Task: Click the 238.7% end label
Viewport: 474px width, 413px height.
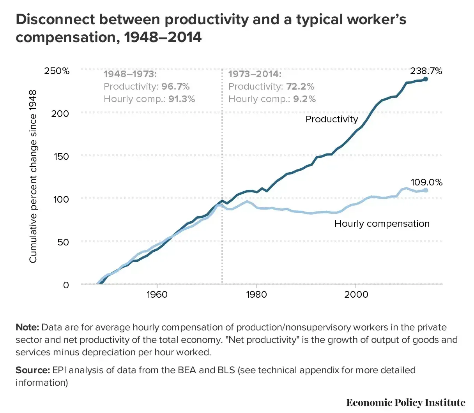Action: click(x=426, y=71)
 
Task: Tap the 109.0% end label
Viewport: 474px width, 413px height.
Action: click(x=426, y=182)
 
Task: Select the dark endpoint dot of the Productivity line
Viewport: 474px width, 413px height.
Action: click(x=426, y=79)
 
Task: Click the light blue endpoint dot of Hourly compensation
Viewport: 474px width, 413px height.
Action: click(x=426, y=190)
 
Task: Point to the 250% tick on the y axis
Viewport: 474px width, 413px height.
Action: click(x=57, y=71)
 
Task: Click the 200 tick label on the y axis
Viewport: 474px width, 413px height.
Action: click(x=60, y=114)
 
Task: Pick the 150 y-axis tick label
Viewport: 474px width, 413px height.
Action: click(x=61, y=157)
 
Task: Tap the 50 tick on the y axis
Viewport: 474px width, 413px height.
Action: click(x=63, y=242)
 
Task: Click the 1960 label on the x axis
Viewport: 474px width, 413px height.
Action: click(x=157, y=295)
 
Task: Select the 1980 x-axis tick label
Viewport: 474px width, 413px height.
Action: click(x=256, y=295)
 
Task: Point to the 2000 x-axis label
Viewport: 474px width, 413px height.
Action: click(x=356, y=295)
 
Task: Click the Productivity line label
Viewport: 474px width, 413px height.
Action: click(x=332, y=119)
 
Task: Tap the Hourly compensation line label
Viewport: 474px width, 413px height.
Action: click(x=382, y=224)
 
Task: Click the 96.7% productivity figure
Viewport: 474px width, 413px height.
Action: click(x=175, y=86)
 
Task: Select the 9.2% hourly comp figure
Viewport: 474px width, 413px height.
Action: click(x=304, y=99)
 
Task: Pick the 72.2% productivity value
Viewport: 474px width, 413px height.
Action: click(x=300, y=86)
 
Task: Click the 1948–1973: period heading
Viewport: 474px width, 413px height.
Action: click(x=130, y=74)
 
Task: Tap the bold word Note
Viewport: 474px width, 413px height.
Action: click(x=27, y=327)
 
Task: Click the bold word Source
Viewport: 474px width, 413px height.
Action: click(x=33, y=370)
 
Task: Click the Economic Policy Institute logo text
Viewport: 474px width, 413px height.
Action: click(x=406, y=402)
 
